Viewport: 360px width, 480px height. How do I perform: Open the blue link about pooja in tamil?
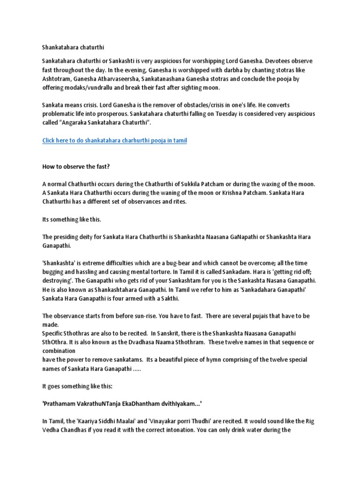click(114, 140)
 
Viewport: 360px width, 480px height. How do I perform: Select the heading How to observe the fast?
click(75, 167)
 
